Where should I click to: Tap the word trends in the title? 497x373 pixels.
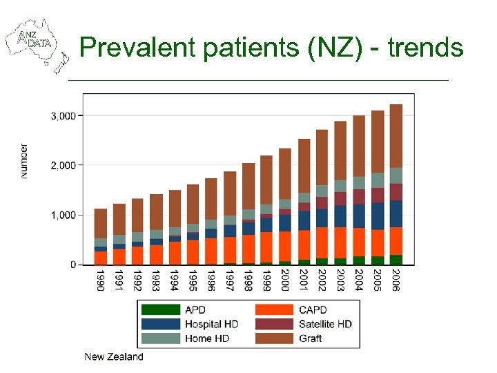425,48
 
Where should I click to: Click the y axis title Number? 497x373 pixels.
24,162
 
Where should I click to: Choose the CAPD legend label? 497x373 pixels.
313,310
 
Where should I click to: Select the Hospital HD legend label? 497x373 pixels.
212,324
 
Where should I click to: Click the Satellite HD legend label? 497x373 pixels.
325,324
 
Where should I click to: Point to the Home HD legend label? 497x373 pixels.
207,338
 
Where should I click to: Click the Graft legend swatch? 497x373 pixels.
274,338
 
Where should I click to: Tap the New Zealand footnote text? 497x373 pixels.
114,357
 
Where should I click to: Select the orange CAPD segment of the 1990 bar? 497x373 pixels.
101,258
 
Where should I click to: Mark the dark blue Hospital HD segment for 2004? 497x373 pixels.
359,216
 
